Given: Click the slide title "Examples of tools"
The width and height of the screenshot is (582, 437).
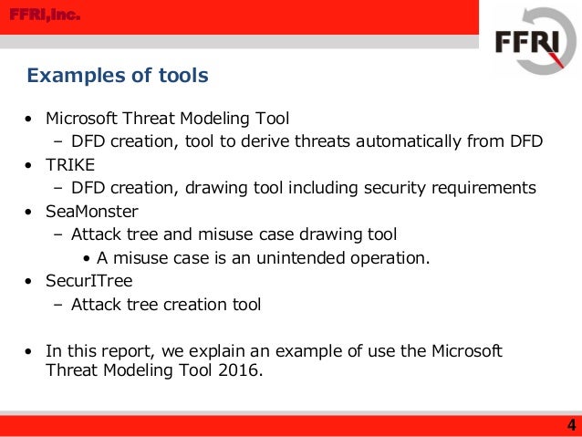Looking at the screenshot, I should pos(118,75).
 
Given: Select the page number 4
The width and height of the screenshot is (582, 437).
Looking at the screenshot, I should pos(570,425).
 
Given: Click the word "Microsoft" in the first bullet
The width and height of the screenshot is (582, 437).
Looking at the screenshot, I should pos(84,119).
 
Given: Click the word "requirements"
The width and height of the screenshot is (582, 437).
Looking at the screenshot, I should pos(483,188).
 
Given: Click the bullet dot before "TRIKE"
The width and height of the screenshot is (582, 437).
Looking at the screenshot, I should pos(30,166).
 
